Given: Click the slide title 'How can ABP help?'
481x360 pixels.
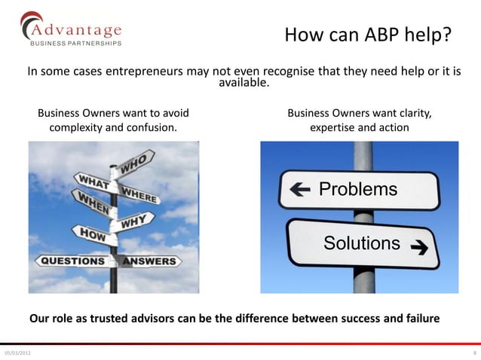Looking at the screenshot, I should pos(368,35).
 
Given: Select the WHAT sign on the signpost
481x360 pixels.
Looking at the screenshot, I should pos(91,183).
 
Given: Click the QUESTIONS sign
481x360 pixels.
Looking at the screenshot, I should pos(72,261).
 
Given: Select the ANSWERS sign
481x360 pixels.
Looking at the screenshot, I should pos(149,262).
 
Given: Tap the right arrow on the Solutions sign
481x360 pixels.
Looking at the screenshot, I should pos(418,246).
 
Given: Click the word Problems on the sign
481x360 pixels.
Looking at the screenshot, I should pos(357,188).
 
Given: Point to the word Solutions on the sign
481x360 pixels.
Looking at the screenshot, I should pos(362,243).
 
